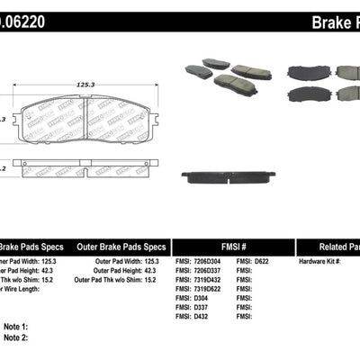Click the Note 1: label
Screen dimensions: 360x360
tap(14, 326)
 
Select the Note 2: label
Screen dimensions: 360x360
tap(14, 336)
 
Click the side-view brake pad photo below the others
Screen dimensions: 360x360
tap(225, 176)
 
